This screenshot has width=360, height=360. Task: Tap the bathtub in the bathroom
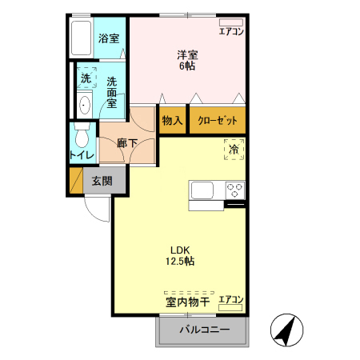tap(82, 38)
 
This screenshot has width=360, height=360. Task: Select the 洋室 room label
tap(188, 60)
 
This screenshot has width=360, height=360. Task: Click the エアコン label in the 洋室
tap(231, 32)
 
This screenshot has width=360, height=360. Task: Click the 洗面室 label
tap(112, 90)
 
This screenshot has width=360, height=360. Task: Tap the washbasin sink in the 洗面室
tap(85, 104)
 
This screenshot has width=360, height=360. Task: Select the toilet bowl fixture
tap(81, 133)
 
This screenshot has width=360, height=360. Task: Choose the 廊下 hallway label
tap(126, 143)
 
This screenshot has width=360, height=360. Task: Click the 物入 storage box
tap(173, 120)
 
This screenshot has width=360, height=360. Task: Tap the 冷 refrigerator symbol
tap(234, 149)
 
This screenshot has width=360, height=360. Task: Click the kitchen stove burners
tap(234, 190)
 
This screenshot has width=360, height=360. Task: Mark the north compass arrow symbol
tap(284, 330)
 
